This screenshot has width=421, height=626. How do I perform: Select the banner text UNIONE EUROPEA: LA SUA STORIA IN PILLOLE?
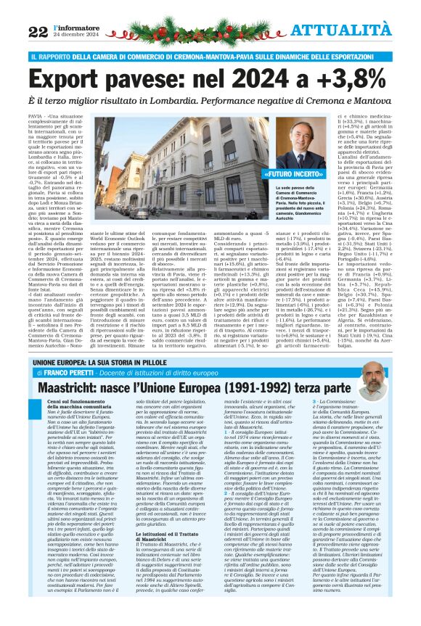(110, 360)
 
